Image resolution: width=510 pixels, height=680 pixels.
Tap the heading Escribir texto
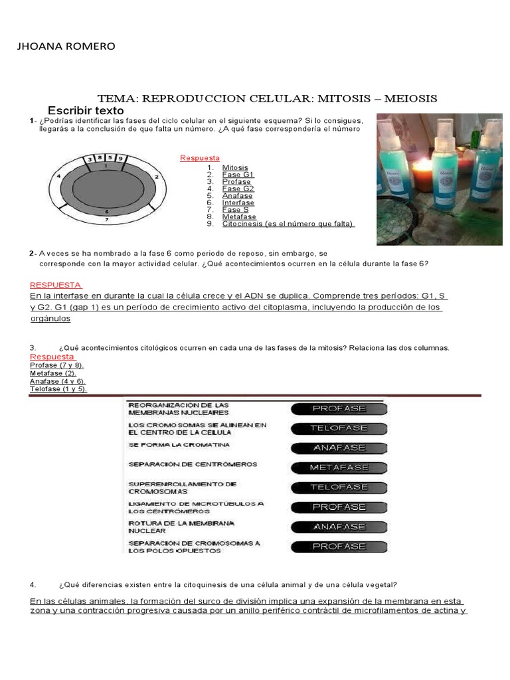click(86, 110)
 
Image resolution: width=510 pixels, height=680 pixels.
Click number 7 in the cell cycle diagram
click(107, 217)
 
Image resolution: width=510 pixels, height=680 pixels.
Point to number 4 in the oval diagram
click(59, 176)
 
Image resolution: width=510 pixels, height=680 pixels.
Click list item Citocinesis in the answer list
click(288, 224)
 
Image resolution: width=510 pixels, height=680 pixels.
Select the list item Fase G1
click(238, 175)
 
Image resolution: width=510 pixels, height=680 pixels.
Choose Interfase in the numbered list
click(239, 203)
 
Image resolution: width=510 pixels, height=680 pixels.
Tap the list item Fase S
click(235, 210)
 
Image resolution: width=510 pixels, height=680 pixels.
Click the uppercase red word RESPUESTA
click(56, 284)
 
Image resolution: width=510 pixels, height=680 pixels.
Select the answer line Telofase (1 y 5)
click(58, 389)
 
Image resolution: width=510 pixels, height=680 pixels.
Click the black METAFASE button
click(339, 467)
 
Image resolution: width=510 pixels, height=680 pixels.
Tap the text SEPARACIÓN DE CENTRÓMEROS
click(193, 465)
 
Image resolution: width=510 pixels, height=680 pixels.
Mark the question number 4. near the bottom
click(33, 585)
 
